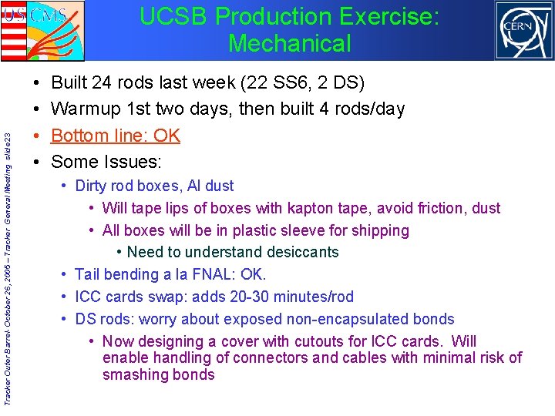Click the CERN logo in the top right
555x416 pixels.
coord(523,31)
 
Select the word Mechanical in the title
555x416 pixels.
coord(289,43)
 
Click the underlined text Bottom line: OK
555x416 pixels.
coord(115,136)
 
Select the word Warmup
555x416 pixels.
coord(87,109)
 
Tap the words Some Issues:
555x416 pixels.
coord(106,162)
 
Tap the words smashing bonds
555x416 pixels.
coord(158,375)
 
